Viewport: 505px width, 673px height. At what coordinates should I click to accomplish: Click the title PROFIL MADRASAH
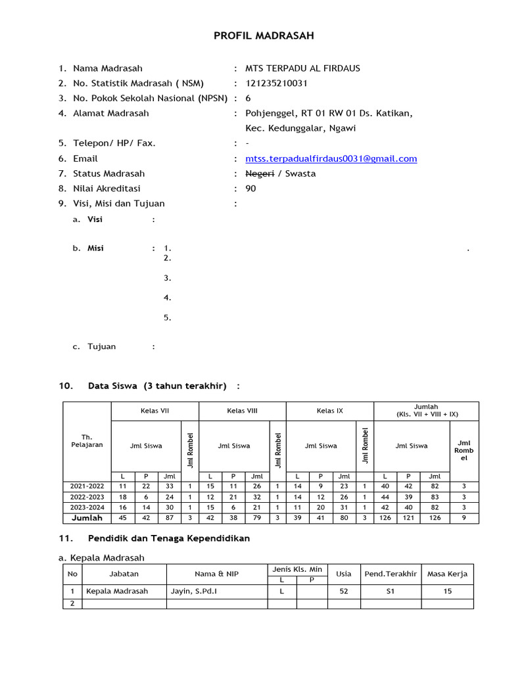(x=254, y=35)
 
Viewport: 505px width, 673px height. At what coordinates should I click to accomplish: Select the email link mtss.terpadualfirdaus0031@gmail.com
(x=331, y=158)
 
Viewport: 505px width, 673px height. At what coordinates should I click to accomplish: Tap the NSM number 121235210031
(x=276, y=83)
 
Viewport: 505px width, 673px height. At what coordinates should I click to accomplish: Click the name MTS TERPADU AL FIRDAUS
(x=302, y=68)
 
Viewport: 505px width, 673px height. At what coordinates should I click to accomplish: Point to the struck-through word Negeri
(x=259, y=174)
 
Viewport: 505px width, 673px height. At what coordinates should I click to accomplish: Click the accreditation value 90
(x=251, y=189)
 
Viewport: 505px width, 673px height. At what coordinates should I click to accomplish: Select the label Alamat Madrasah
(x=110, y=113)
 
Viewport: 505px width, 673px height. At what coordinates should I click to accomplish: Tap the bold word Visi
(x=95, y=220)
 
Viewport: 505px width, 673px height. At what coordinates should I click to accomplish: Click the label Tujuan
(x=101, y=346)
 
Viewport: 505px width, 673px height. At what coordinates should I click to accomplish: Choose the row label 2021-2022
(x=87, y=486)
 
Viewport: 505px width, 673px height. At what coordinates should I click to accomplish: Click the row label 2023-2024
(x=87, y=507)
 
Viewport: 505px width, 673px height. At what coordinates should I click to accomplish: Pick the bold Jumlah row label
(x=87, y=518)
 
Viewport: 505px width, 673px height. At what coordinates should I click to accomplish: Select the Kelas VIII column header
(x=242, y=411)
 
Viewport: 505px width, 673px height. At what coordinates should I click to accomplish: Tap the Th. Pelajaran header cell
(x=87, y=440)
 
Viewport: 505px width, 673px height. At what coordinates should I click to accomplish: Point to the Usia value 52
(x=343, y=591)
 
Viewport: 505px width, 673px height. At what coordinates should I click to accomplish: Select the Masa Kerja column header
(x=447, y=574)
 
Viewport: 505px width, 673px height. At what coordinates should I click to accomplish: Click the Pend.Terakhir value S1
(x=391, y=591)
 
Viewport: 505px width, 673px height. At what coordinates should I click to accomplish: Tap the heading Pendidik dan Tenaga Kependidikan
(x=168, y=538)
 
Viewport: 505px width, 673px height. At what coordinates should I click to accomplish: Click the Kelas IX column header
(x=329, y=411)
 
